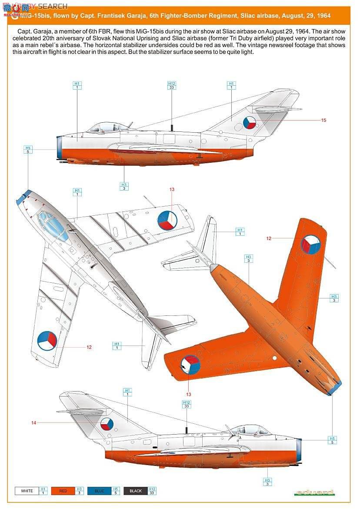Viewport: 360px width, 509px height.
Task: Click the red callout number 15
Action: pos(323,120)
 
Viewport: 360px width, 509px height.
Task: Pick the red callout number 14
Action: pos(33,422)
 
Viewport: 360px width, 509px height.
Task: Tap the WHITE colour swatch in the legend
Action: pos(27,491)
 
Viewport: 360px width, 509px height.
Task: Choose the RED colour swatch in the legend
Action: pos(63,491)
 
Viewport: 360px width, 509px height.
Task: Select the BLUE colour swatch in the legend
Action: pos(99,491)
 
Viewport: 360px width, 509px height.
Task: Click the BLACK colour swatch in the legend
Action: pos(136,491)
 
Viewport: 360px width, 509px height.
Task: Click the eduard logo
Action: pos(314,492)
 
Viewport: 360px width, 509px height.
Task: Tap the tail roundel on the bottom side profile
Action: pos(107,423)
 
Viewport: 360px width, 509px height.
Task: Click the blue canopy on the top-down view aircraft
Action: pos(53,224)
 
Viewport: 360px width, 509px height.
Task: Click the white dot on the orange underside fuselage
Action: pos(275,358)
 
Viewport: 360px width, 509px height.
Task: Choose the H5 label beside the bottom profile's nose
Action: pos(333,440)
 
